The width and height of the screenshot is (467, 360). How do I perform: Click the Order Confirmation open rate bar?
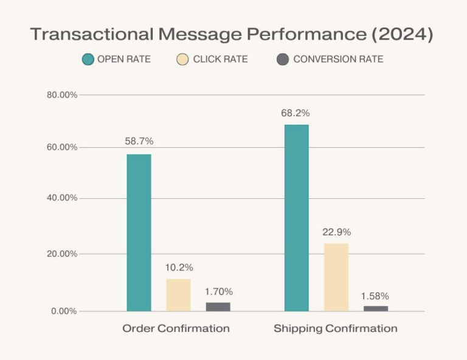pos(139,233)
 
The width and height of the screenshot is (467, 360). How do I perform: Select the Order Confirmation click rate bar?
pos(178,296)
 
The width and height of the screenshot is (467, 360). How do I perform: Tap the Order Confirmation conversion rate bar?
pos(218,307)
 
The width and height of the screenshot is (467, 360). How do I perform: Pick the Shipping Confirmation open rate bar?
pos(296,218)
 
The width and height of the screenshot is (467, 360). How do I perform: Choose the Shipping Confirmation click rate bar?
pos(336,277)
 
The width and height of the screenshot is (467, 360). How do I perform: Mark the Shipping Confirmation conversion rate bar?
pos(375,308)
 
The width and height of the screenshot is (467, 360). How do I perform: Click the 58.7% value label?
pos(139,141)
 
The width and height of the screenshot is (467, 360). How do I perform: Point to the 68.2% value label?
pos(296,112)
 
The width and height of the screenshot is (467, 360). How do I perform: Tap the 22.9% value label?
pos(336,232)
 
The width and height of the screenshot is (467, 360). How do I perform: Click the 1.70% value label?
pos(218,291)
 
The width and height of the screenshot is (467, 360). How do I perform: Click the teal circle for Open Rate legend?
pos(88,60)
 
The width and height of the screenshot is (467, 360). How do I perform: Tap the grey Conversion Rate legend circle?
pos(282,60)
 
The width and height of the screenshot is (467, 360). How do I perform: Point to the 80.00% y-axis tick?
pos(61,95)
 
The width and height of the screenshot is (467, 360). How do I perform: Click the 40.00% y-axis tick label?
pos(61,198)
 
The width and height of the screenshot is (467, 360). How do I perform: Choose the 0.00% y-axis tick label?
pos(64,311)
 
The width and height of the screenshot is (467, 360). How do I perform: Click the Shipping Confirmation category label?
pos(335,328)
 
